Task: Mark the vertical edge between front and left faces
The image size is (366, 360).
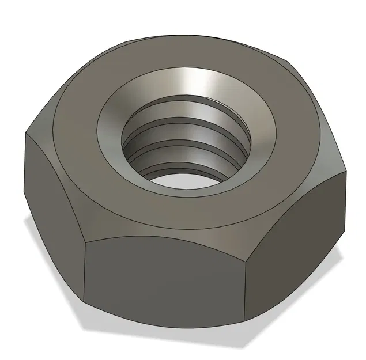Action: (85, 271)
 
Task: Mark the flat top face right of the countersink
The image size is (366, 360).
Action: (300, 144)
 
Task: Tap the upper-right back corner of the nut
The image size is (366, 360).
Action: (288, 60)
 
